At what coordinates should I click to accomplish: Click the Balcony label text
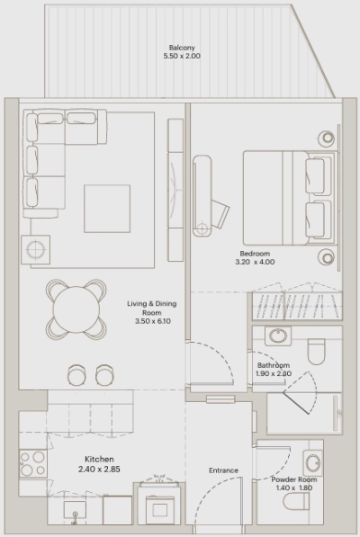click(182, 48)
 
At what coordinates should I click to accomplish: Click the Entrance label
click(223, 470)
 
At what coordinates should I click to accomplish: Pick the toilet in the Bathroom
click(316, 349)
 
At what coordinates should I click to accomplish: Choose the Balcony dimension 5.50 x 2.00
click(182, 57)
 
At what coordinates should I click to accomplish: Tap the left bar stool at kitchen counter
click(76, 371)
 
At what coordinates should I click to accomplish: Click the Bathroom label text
click(272, 365)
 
